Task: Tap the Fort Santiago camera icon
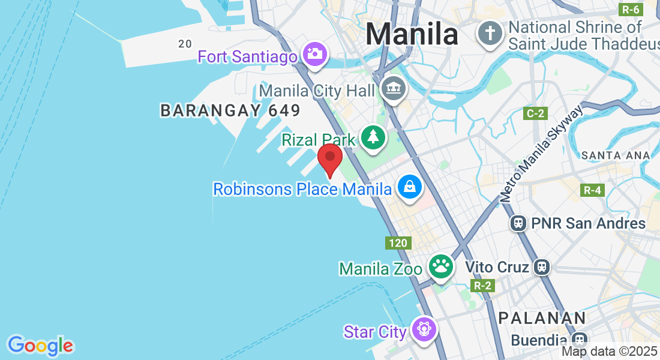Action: [313, 54]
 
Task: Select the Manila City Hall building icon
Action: [393, 89]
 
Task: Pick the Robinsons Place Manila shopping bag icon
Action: [409, 187]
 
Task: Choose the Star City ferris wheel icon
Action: [424, 329]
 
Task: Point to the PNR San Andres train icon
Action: [518, 224]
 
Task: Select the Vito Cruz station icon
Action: [542, 266]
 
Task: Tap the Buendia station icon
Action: [579, 340]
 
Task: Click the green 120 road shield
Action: [398, 243]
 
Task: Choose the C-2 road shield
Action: [535, 113]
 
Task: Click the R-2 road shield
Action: [483, 286]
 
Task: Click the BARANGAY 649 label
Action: [230, 110]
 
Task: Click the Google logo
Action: [40, 346]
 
